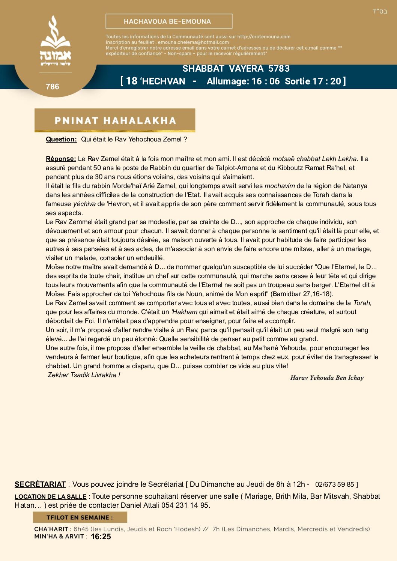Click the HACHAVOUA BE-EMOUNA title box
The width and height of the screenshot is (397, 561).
point(169,21)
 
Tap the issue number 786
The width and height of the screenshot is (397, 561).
point(53,87)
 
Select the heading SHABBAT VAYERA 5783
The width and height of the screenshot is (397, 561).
point(236,69)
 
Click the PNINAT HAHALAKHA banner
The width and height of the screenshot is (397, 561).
point(115,120)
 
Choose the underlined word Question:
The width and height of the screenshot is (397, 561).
point(61,139)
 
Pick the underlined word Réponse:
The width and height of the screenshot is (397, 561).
point(61,159)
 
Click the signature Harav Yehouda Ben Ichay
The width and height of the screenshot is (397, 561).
point(327,378)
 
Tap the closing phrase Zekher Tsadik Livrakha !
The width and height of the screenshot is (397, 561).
point(84,375)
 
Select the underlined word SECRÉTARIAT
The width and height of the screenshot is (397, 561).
point(40,484)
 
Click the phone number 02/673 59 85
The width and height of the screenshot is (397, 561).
point(334,484)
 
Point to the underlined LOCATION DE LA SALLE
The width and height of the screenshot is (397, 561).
point(50,496)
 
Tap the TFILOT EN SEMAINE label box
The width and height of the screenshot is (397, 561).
point(80,517)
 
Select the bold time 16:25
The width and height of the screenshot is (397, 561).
point(101,537)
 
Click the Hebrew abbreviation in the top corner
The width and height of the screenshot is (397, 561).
point(380,12)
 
